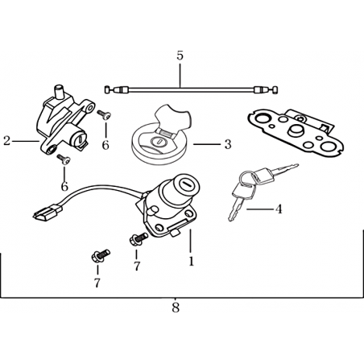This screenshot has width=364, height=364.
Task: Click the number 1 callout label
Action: [191, 261]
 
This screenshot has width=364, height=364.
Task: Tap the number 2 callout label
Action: [6, 141]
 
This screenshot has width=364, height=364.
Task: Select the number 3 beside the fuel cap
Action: [228, 144]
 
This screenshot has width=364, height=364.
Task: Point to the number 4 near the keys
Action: [279, 209]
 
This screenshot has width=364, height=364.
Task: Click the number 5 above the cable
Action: [180, 56]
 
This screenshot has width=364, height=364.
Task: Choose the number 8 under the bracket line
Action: [176, 308]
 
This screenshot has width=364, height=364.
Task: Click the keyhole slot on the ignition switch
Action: [185, 184]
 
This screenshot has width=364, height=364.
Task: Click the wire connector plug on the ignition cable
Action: [48, 212]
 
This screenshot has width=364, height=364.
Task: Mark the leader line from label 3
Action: [207, 144]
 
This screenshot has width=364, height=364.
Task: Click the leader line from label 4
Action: [259, 209]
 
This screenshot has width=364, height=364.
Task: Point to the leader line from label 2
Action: [26, 141]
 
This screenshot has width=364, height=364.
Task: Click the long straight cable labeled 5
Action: [191, 89]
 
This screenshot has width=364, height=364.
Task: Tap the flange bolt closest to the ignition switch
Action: [138, 238]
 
